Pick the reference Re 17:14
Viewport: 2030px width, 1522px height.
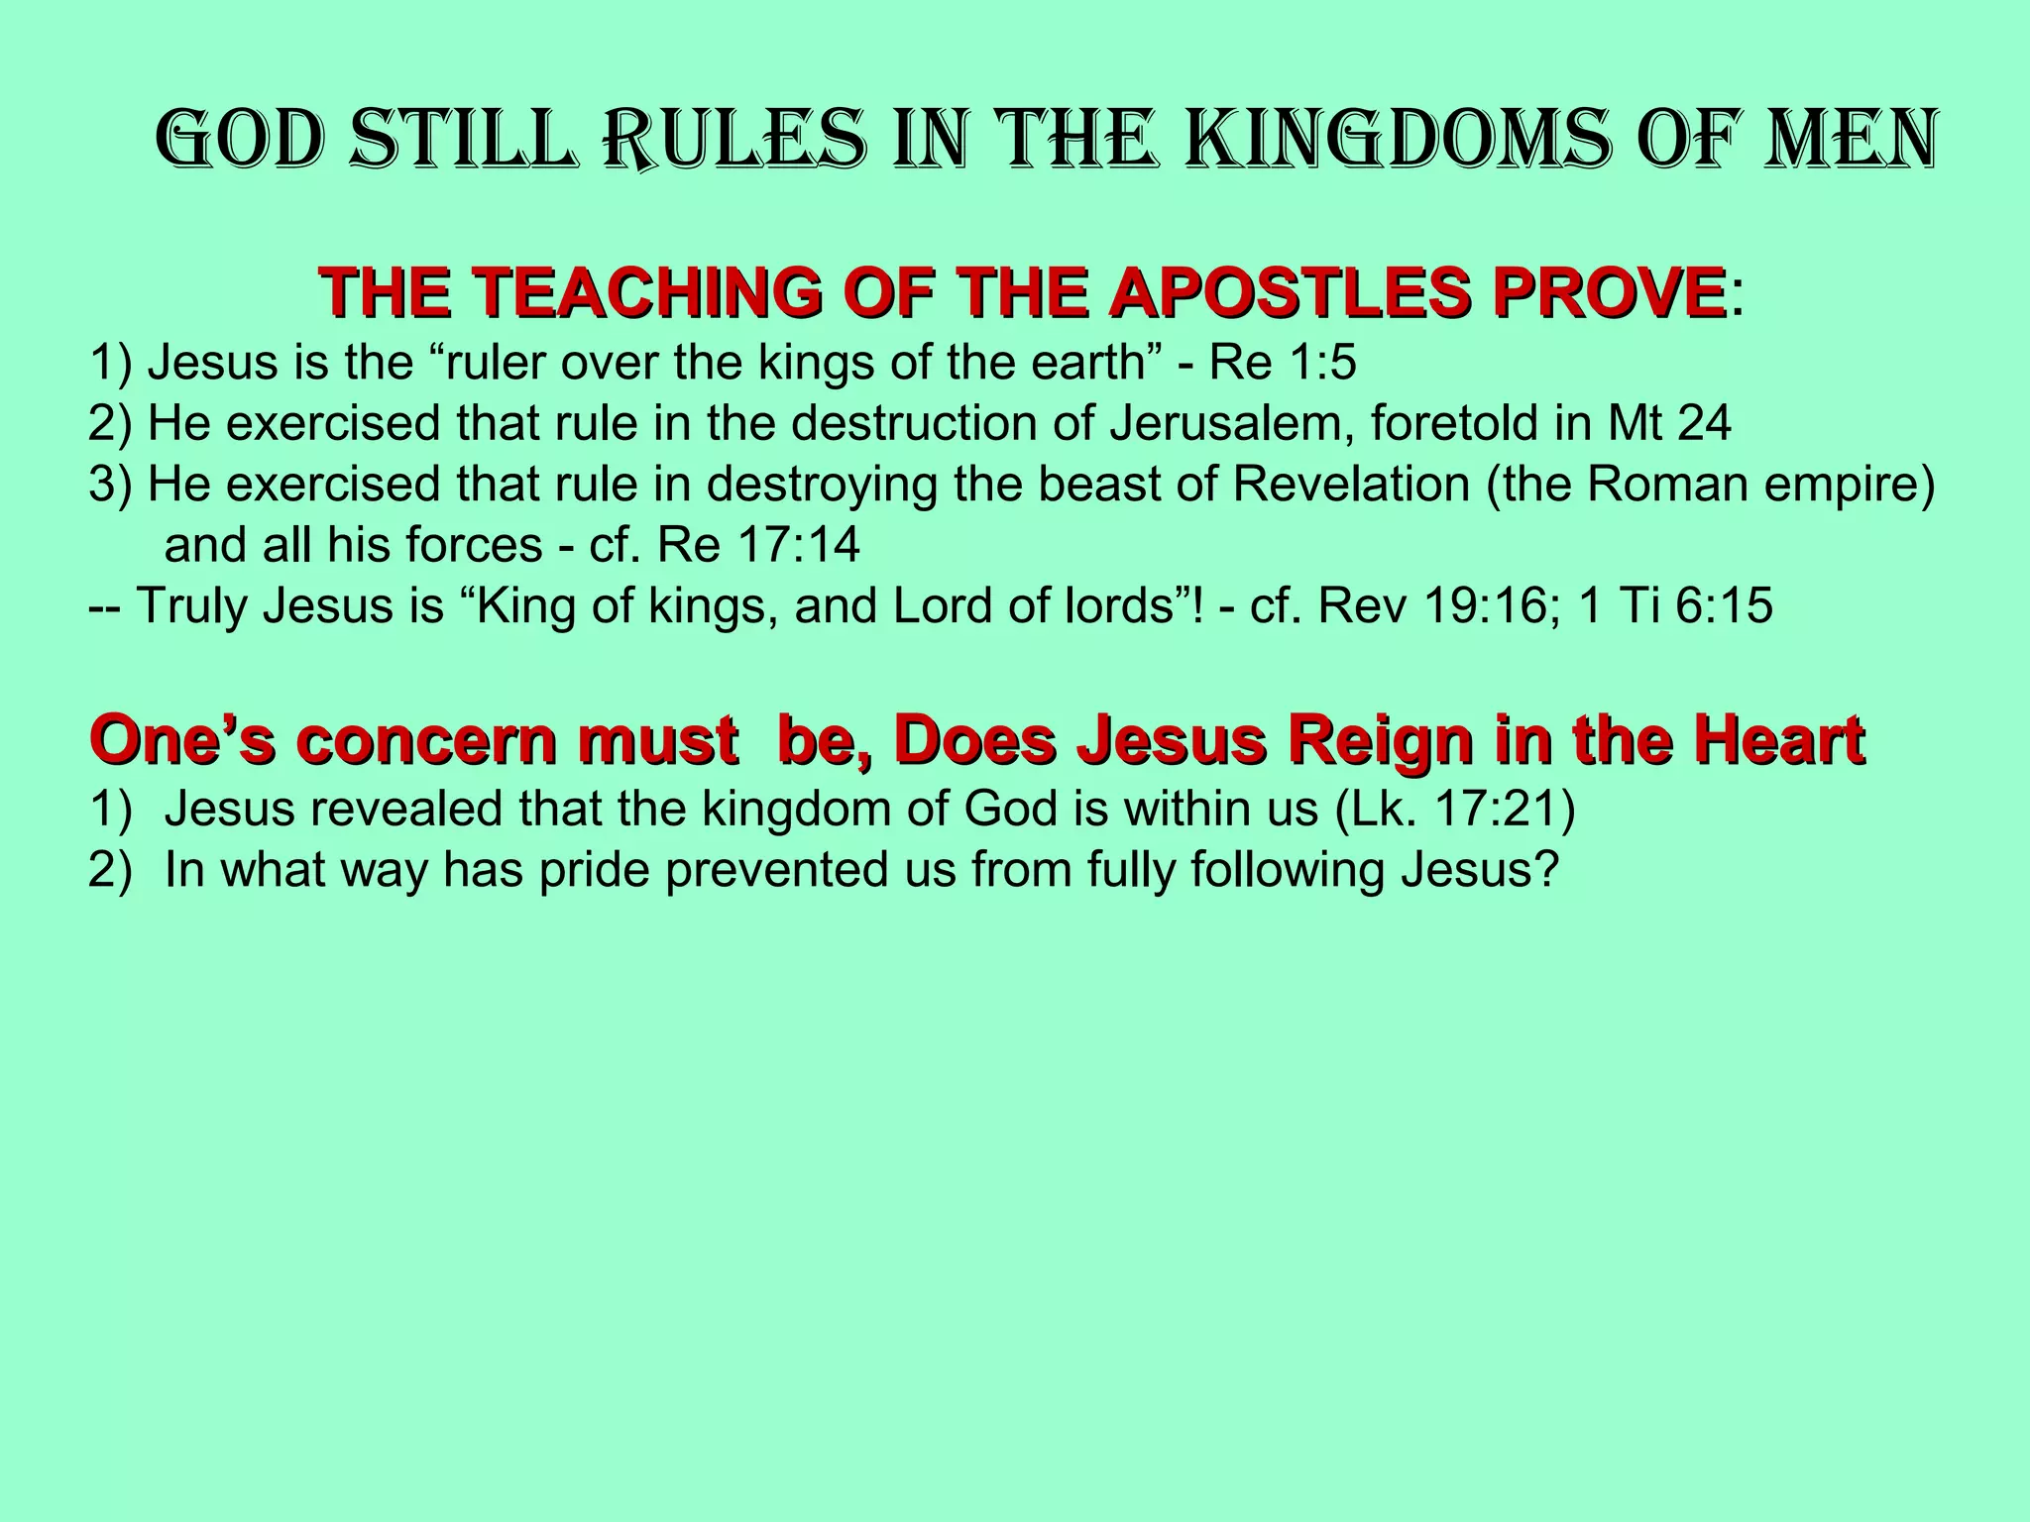(757, 545)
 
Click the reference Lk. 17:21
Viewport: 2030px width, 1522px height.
(1453, 810)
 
